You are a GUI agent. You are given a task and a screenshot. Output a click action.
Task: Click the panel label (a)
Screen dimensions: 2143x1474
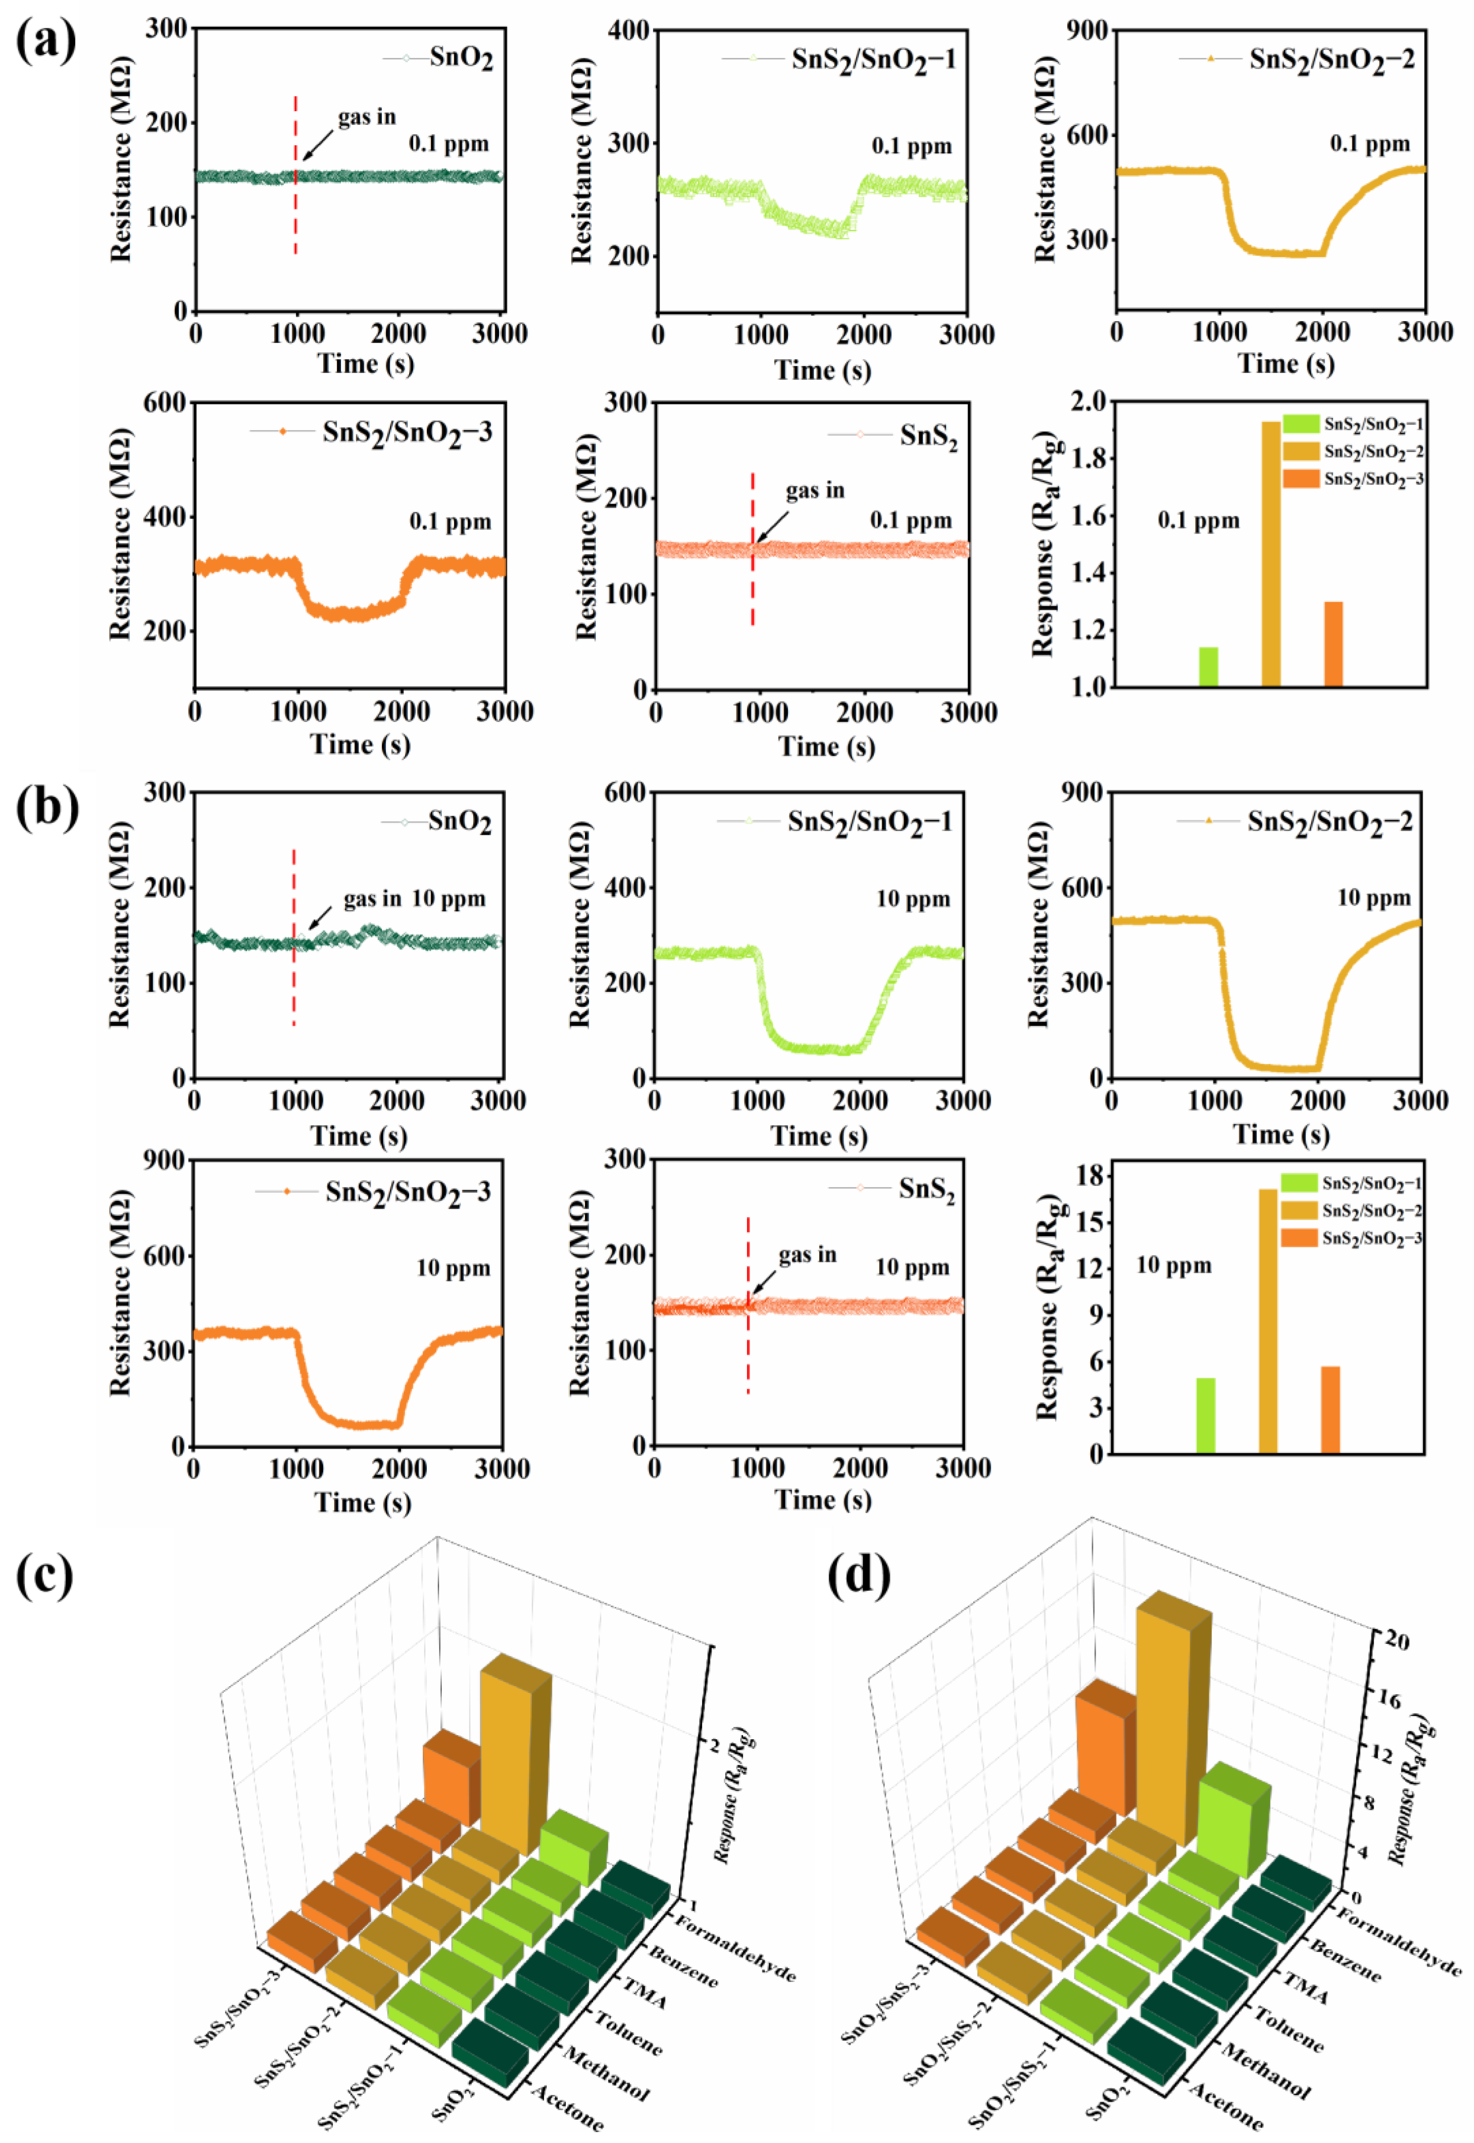click(46, 42)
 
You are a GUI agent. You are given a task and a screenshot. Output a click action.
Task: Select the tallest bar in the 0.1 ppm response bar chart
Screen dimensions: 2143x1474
click(1271, 554)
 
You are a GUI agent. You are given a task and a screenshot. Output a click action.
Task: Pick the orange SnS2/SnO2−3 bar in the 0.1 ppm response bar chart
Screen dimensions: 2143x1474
click(1333, 644)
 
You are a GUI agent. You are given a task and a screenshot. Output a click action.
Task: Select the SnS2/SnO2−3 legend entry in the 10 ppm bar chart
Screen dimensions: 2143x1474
click(1370, 1238)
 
